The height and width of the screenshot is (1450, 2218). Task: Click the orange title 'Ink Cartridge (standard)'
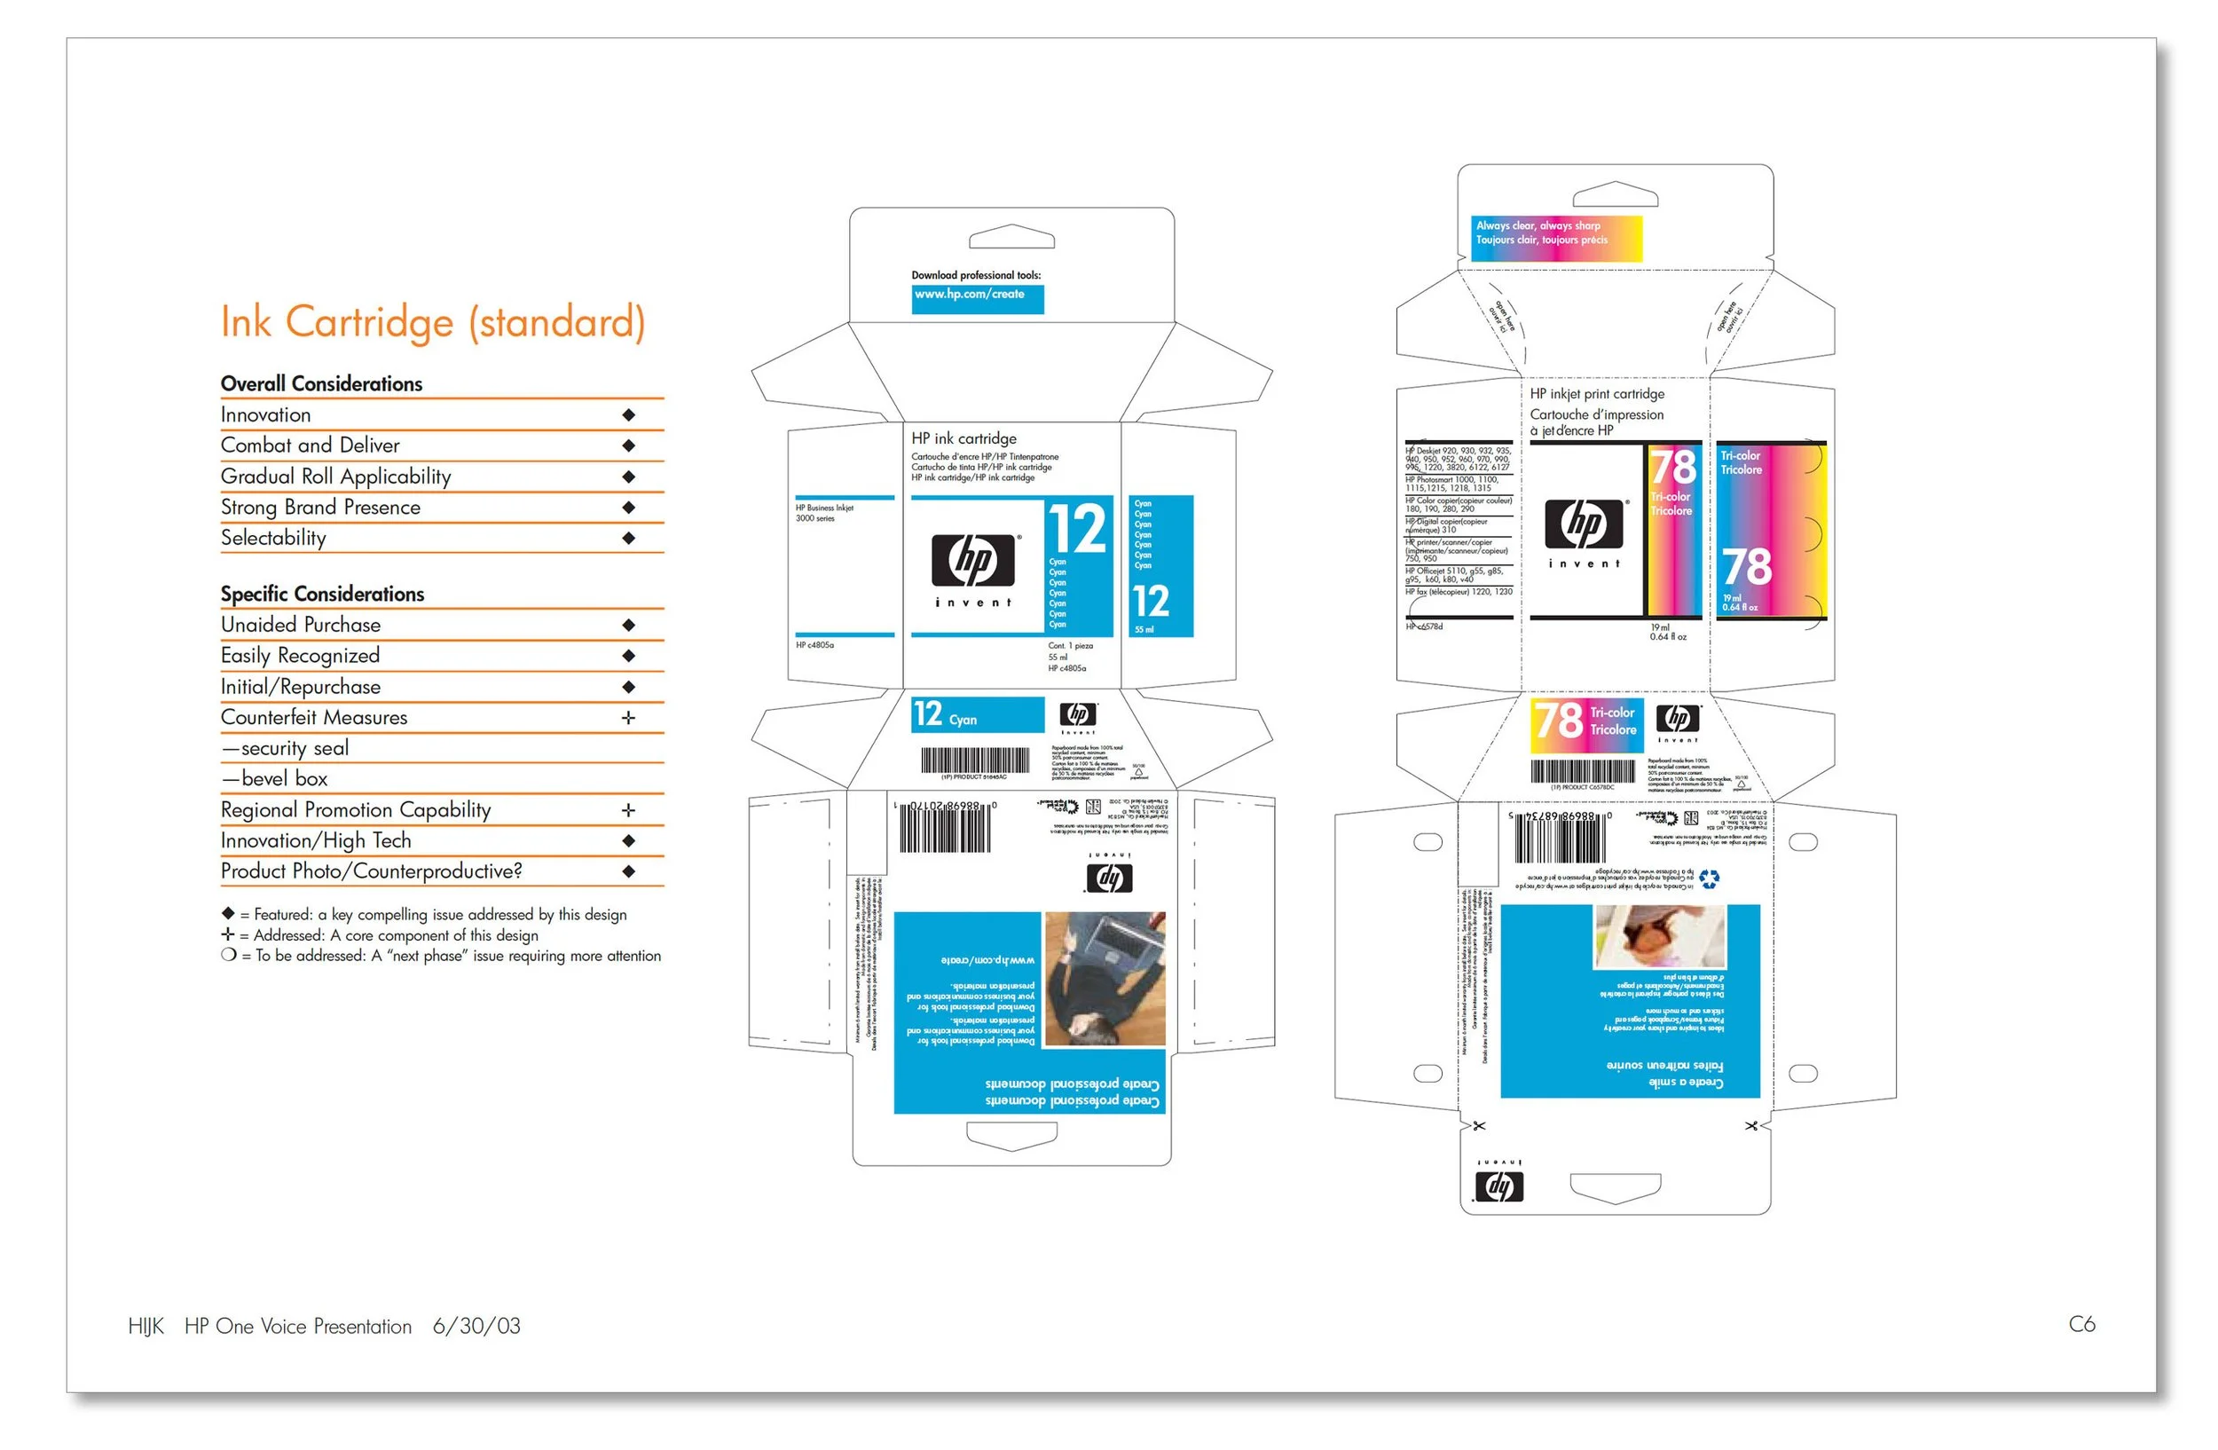(432, 322)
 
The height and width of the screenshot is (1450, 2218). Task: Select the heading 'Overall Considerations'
(321, 384)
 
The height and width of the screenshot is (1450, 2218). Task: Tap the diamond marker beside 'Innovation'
(629, 414)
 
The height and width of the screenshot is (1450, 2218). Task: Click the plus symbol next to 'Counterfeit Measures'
(629, 718)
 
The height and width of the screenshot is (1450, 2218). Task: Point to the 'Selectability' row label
(273, 538)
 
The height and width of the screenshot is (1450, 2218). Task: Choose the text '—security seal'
(285, 748)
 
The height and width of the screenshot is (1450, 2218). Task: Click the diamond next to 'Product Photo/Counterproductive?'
(629, 871)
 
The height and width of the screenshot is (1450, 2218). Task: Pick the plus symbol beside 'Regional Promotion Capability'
(629, 810)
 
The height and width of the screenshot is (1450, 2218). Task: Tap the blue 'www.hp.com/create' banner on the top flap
(978, 298)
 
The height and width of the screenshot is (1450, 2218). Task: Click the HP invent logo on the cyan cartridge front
(975, 569)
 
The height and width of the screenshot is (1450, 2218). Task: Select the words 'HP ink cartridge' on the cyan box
(963, 438)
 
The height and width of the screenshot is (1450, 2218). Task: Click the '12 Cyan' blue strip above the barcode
(978, 714)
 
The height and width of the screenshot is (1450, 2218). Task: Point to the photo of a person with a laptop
(1105, 979)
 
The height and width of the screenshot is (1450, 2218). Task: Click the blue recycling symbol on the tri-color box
(1708, 879)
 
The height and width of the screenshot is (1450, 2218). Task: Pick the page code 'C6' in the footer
(2082, 1324)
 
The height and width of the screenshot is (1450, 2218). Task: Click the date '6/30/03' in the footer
(476, 1326)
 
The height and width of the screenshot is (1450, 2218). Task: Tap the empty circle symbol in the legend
(228, 955)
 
